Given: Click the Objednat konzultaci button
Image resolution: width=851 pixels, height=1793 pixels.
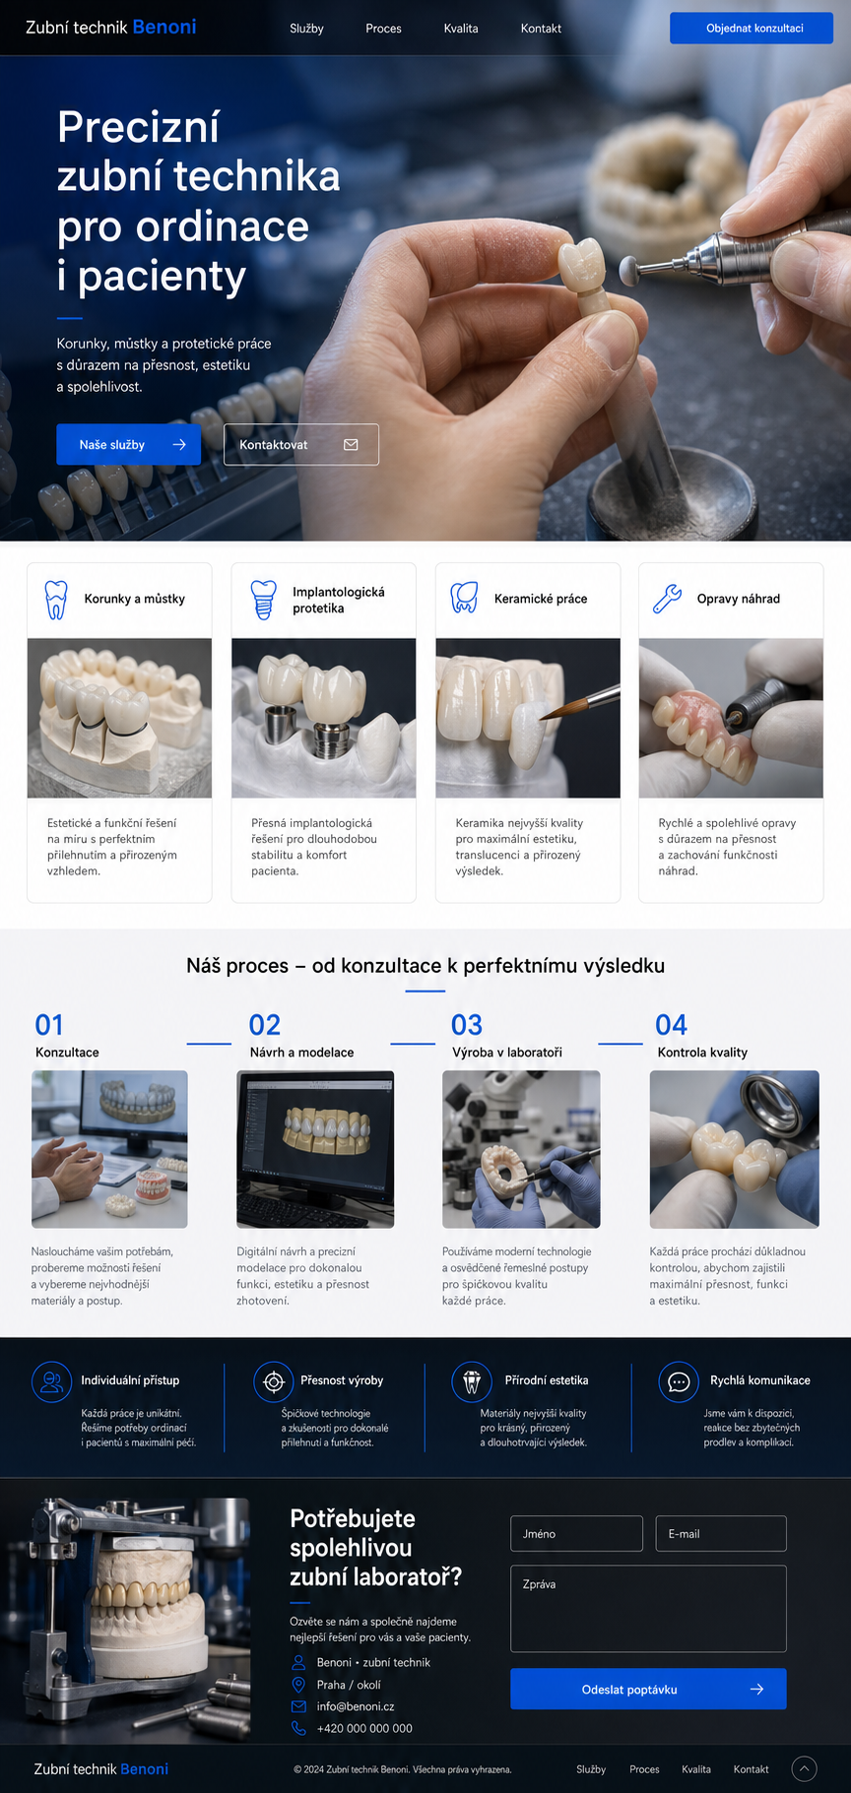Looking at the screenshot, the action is click(751, 28).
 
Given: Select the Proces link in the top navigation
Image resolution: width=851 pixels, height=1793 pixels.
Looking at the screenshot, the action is click(383, 29).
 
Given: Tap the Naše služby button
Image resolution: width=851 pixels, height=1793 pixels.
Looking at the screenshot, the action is click(128, 444).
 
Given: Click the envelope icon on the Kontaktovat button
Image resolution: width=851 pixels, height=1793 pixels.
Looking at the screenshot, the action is click(351, 444).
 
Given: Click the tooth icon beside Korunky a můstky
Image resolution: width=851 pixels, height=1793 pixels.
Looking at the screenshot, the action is click(56, 599).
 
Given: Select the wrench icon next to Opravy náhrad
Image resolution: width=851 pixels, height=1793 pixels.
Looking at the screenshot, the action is click(667, 599).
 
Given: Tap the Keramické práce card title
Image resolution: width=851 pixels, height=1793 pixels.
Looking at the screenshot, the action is click(541, 599).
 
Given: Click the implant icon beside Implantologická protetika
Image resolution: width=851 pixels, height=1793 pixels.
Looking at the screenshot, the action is click(263, 600).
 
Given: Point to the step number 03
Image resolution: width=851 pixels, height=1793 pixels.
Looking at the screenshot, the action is click(467, 1025).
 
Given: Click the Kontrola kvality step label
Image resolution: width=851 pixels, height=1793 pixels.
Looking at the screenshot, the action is click(702, 1053).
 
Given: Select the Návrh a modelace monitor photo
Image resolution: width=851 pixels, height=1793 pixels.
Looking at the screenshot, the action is click(315, 1149).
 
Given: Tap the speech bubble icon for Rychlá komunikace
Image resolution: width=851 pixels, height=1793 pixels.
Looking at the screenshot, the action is click(679, 1381).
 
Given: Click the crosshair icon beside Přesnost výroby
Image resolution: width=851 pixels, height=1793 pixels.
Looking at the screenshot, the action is click(274, 1381).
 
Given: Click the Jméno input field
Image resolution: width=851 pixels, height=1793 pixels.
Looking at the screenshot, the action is click(576, 1533).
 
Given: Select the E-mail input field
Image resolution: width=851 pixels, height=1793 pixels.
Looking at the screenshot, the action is click(721, 1533).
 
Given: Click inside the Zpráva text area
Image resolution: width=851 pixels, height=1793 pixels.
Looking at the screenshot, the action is click(648, 1608).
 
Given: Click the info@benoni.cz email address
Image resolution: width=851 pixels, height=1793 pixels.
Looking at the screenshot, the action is click(356, 1706).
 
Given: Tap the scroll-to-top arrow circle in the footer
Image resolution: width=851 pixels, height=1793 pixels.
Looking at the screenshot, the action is click(805, 1768).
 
